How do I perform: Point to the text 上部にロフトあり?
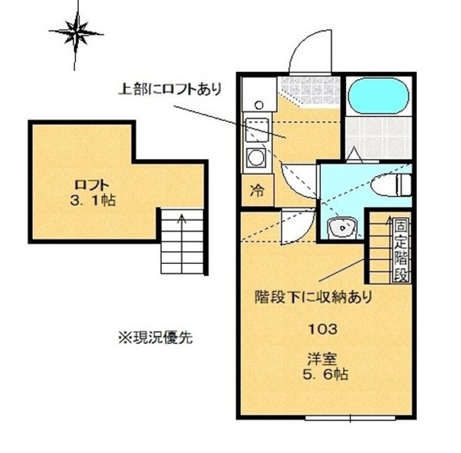170,89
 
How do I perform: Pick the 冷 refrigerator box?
257,190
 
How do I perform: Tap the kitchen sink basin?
257,128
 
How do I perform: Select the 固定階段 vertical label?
400,251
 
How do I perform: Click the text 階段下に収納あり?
313,297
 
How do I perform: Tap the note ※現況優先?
154,337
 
